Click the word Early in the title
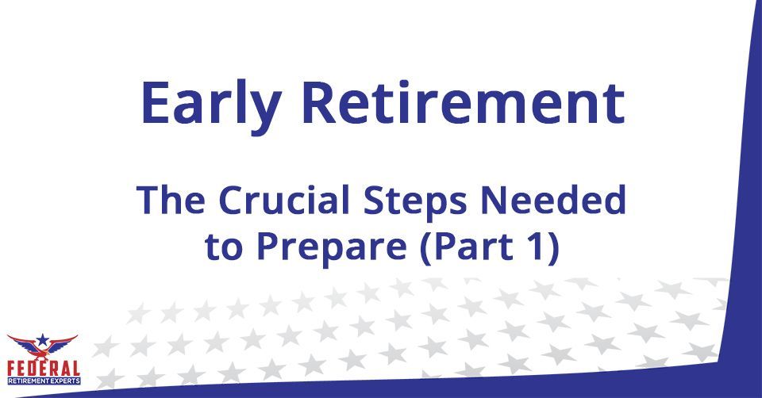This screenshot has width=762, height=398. point(211,105)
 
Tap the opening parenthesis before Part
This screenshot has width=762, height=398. point(426,248)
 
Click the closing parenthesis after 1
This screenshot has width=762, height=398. point(553,248)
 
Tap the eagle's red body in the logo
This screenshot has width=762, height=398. point(43,350)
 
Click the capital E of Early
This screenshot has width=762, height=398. point(156,102)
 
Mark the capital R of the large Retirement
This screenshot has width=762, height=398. point(319,102)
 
